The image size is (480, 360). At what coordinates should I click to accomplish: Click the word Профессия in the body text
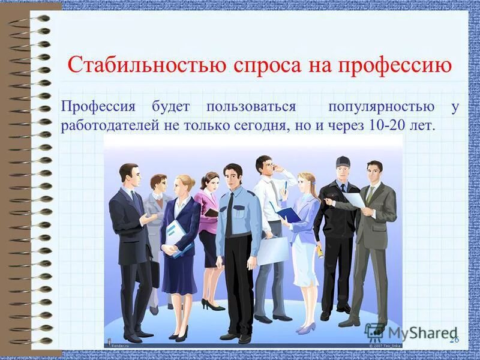[x=97, y=107]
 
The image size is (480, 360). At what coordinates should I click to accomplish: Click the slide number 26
[x=454, y=340]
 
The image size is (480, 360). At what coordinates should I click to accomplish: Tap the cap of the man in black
[x=343, y=161]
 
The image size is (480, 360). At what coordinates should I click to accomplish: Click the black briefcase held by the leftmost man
[x=155, y=273]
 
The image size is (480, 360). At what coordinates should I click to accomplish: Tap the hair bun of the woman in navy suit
[x=191, y=179]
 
